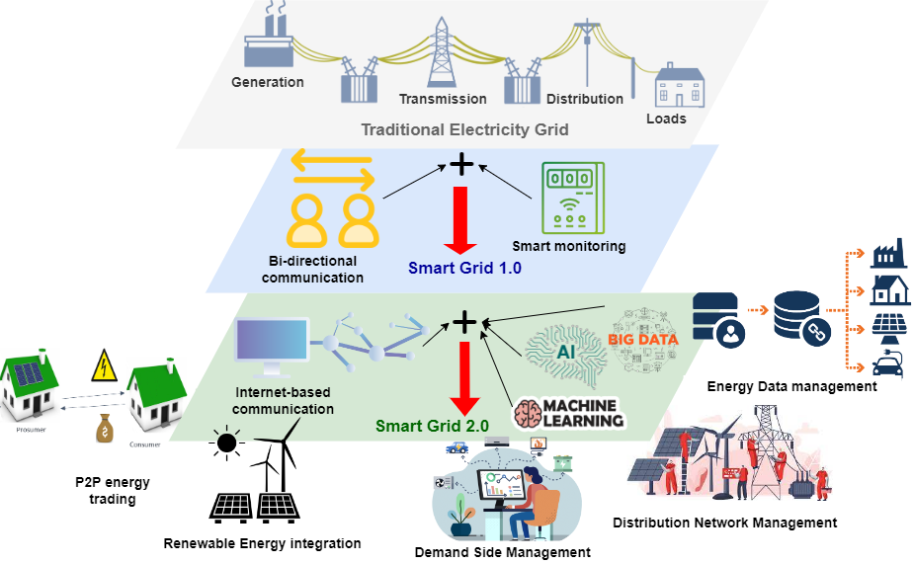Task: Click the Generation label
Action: tap(268, 82)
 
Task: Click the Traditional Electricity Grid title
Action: tap(464, 129)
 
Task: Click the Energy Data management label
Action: tap(791, 386)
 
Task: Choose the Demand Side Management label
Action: tap(504, 552)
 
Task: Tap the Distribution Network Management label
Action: tap(725, 522)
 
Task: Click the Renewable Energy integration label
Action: tap(263, 542)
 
